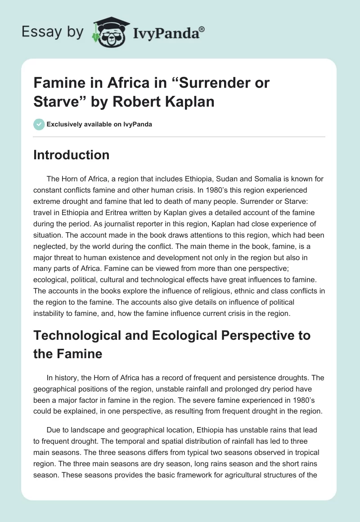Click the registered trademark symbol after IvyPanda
tap(202, 28)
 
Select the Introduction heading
tap(72, 155)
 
